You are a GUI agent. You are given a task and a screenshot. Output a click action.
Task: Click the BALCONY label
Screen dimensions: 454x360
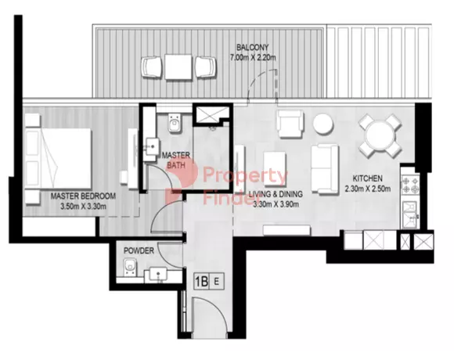click(253, 47)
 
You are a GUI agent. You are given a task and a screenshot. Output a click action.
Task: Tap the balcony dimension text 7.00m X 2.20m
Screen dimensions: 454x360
click(253, 58)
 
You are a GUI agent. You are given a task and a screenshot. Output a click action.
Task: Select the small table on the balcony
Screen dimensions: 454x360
click(178, 67)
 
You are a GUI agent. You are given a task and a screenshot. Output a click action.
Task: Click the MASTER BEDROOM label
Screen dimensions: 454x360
click(83, 196)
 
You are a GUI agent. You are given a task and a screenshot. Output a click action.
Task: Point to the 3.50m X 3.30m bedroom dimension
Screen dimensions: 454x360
click(83, 207)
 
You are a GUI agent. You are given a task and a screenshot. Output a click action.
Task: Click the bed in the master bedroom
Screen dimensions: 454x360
click(58, 159)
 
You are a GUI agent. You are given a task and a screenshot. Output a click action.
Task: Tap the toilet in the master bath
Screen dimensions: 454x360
click(175, 124)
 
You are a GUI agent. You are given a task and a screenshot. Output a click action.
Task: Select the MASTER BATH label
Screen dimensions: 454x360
click(176, 160)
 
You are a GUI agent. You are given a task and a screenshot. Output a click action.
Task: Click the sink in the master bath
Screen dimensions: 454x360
click(151, 146)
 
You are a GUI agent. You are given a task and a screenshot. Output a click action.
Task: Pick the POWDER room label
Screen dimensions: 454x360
click(139, 250)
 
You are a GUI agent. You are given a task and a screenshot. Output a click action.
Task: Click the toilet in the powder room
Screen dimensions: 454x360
click(130, 267)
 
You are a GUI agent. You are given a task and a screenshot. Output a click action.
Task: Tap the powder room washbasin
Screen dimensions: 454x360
click(157, 274)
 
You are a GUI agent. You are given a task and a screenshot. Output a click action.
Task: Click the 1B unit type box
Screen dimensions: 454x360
click(201, 281)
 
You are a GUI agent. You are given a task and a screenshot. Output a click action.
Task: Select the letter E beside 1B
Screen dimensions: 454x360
click(216, 281)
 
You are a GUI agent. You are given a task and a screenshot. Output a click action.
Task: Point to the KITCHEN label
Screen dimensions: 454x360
click(367, 178)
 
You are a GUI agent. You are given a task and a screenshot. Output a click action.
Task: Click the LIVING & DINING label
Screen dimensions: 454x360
click(276, 194)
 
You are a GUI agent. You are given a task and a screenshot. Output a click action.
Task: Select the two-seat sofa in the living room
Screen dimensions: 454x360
click(325, 169)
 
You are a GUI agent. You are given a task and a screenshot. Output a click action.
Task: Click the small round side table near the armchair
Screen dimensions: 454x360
click(323, 124)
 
